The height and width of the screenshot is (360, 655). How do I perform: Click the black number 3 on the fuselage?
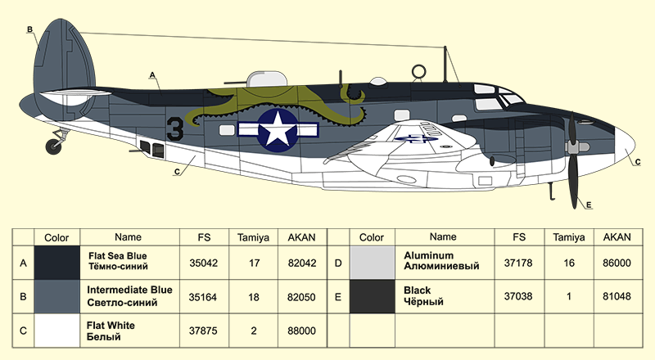[x=175, y=128]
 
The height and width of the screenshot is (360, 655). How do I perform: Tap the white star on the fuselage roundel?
[x=278, y=130]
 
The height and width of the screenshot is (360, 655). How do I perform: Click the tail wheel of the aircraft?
[x=53, y=146]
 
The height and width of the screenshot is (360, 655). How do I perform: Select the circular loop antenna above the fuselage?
[x=418, y=72]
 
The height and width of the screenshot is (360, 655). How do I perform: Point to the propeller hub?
[x=577, y=147]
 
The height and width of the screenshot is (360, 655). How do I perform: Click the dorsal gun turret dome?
[x=267, y=79]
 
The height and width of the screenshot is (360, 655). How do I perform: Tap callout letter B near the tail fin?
[x=29, y=29]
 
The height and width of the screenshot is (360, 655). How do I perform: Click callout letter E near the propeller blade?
[x=589, y=205]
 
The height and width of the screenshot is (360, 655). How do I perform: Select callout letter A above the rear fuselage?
[x=152, y=75]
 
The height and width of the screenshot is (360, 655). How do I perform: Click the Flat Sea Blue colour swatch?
[x=56, y=263]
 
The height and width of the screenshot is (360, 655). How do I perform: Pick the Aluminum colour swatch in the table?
[x=372, y=263]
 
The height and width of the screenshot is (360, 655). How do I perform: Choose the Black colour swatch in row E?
[x=372, y=296]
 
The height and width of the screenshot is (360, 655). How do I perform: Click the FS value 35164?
[x=203, y=297]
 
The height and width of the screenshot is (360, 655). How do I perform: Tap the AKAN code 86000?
[x=617, y=263]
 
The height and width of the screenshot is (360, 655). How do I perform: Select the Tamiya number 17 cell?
[x=254, y=263]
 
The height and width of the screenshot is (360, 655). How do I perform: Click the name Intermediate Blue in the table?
[x=129, y=290]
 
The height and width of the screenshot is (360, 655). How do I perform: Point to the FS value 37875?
[x=203, y=331]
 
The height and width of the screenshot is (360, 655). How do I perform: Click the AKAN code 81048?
[x=617, y=296]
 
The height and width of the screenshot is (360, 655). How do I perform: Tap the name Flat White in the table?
[x=111, y=326]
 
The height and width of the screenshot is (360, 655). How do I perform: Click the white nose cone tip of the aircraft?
[x=634, y=146]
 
